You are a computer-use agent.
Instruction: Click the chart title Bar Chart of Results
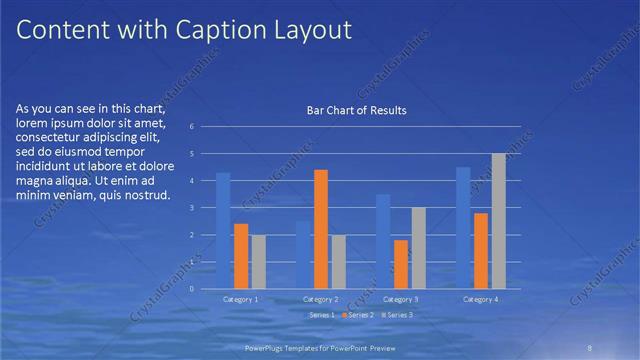[x=356, y=110]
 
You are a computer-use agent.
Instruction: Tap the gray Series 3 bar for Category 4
[x=498, y=220]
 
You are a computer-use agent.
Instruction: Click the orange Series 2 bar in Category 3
[x=401, y=264]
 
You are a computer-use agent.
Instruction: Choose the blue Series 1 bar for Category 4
[x=463, y=227]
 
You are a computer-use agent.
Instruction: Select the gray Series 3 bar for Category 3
[x=418, y=247]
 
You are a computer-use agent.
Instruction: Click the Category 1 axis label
[x=240, y=298]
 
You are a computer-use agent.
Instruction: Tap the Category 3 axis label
[x=400, y=298]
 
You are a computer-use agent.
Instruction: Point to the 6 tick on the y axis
[x=205, y=127]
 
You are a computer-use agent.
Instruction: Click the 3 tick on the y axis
[x=205, y=208]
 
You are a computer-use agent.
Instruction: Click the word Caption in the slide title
[x=217, y=30]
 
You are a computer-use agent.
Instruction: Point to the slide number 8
[x=590, y=347]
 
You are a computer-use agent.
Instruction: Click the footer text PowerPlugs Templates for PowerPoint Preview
[x=320, y=347]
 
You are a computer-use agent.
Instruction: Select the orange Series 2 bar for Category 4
[x=481, y=250]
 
